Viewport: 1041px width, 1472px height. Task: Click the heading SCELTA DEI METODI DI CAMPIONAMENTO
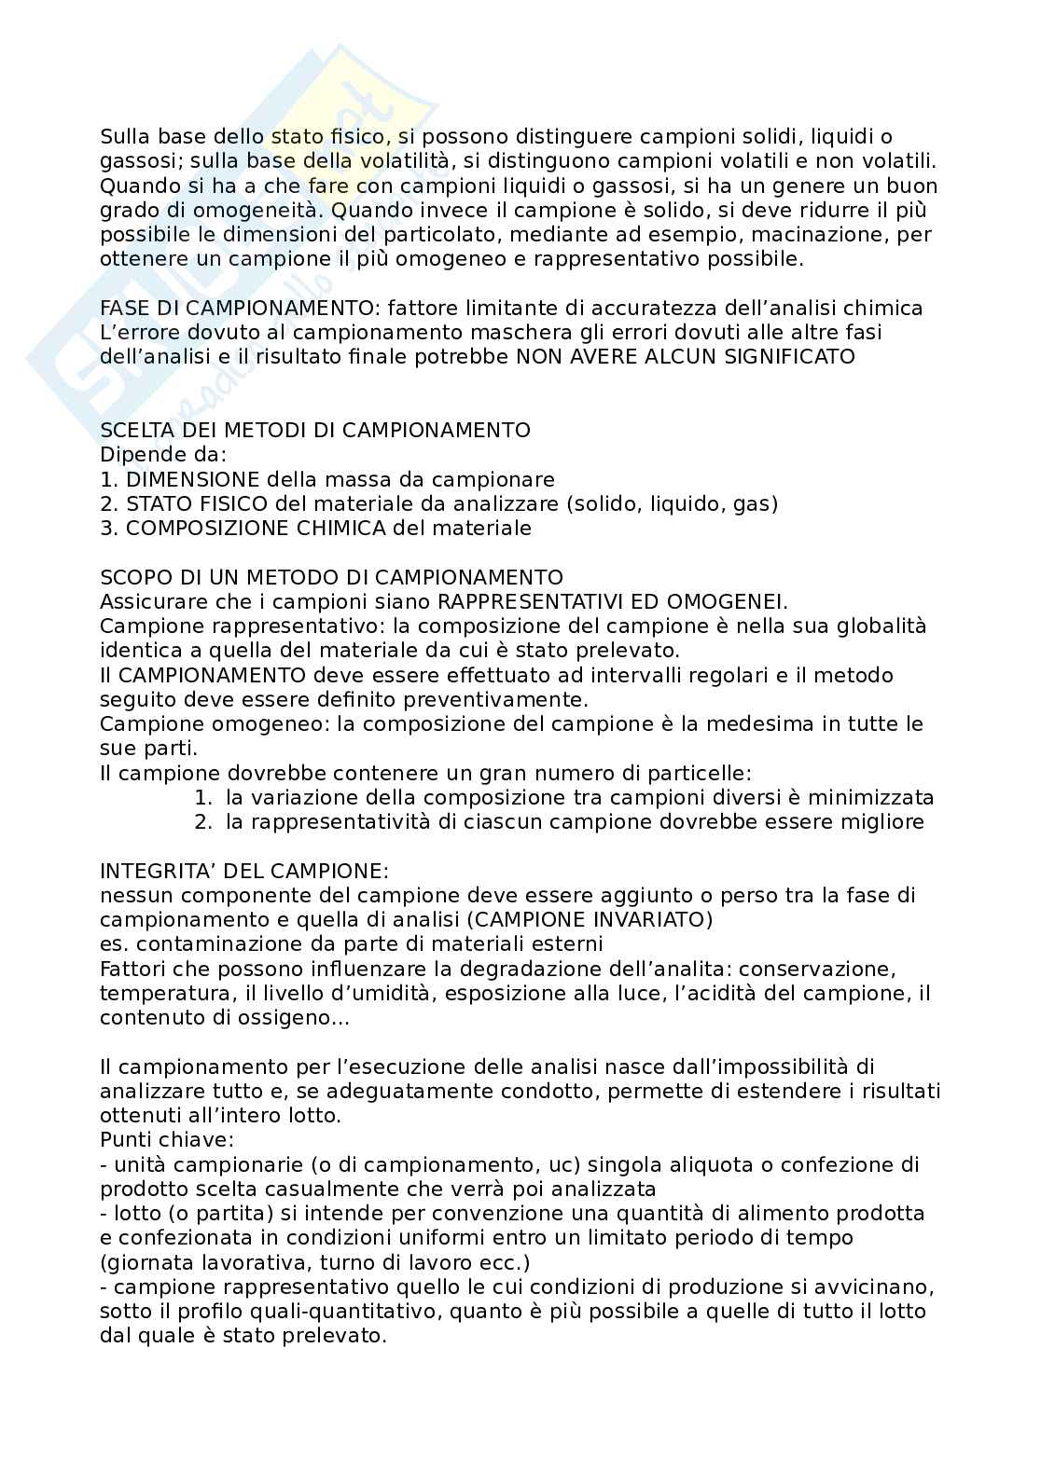coord(315,430)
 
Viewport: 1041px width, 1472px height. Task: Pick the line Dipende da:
coord(163,455)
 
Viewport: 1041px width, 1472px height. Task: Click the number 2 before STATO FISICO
coord(105,503)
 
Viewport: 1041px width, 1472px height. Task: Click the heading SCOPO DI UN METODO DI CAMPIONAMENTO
coord(331,577)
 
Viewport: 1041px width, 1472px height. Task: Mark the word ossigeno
coord(282,1017)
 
